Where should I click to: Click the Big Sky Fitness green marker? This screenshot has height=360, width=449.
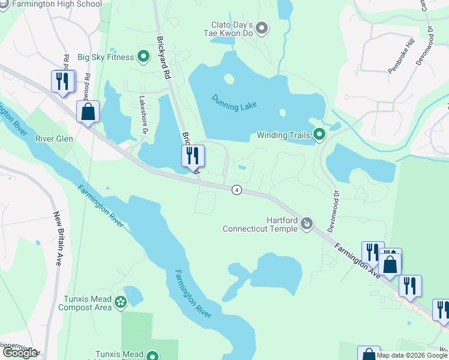pos(143,58)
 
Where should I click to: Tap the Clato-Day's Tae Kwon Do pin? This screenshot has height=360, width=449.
pos(261,28)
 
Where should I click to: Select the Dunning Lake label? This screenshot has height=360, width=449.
pos(234,101)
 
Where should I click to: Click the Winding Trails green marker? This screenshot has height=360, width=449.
pos(319,134)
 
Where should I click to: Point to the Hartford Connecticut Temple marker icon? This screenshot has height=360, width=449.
pos(307,224)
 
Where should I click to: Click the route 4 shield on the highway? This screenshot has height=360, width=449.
pos(237,190)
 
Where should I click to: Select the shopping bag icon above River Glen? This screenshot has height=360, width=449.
pos(88,112)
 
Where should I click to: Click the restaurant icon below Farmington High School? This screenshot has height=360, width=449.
pos(63,81)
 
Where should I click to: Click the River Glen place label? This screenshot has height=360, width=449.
pos(54,139)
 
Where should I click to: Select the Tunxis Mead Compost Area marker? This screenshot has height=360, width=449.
pos(121,302)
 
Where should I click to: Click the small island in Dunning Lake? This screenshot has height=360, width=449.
pos(228,79)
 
